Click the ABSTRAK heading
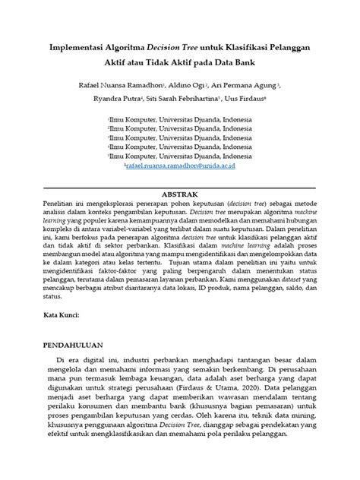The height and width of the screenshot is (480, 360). point(180,194)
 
